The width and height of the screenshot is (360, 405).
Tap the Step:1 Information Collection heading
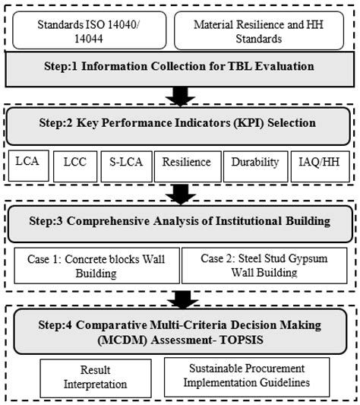point(180,67)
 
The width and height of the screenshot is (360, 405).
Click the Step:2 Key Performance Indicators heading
point(180,123)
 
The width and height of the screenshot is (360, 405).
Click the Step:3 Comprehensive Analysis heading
point(180,223)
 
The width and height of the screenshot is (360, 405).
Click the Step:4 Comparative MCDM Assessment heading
point(180,331)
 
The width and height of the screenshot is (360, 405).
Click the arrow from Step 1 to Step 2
point(180,96)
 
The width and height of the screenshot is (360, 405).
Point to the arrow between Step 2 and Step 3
point(180,193)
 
